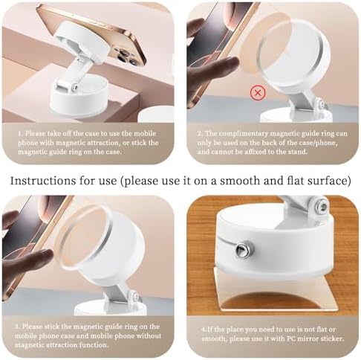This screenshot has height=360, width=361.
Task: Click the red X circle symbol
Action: [x=258, y=93]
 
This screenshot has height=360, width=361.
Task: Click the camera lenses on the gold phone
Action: [x=124, y=56]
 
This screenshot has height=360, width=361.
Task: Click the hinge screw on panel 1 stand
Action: [x=74, y=88]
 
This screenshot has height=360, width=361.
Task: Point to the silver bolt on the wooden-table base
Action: [x=242, y=250]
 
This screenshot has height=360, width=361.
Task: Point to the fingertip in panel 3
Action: [x=47, y=254]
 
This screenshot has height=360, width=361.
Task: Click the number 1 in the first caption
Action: [x=19, y=134]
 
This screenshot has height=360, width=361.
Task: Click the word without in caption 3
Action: [x=149, y=336]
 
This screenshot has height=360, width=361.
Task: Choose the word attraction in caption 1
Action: [x=105, y=143]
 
